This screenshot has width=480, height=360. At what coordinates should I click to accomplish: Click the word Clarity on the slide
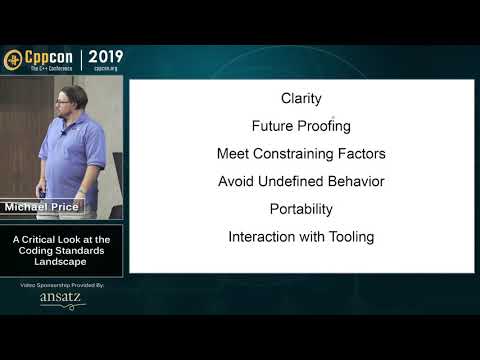pos(301,99)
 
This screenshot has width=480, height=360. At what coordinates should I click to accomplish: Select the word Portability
pos(301,210)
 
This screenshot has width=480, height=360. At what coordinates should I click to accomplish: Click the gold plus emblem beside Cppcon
pos(13,59)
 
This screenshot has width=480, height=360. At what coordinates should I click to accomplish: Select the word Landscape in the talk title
pos(62,262)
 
